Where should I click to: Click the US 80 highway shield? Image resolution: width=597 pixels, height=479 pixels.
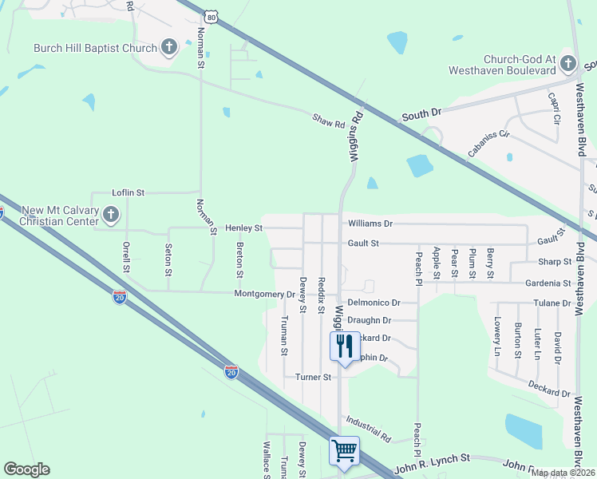(211, 16)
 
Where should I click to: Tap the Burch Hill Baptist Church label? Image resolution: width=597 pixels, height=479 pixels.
(95, 48)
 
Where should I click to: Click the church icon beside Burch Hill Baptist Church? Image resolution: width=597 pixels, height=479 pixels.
(169, 47)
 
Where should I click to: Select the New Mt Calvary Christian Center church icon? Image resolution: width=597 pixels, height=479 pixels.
(111, 214)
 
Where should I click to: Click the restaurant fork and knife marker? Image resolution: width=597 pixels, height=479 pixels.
(345, 346)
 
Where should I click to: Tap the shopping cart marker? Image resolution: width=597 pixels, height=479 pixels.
(345, 450)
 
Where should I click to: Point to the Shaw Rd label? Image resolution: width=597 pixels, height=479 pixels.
(328, 122)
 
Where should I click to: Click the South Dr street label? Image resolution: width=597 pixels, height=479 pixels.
(421, 115)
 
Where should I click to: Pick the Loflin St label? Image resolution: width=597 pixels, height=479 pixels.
(128, 192)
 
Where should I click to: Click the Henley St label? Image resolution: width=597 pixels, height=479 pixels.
(243, 228)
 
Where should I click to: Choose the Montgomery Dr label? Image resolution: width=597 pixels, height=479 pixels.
(264, 294)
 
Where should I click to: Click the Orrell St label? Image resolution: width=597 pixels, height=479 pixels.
(125, 256)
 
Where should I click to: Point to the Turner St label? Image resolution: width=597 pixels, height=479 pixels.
(313, 377)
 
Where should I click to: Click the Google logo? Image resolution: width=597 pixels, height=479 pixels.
(27, 469)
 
